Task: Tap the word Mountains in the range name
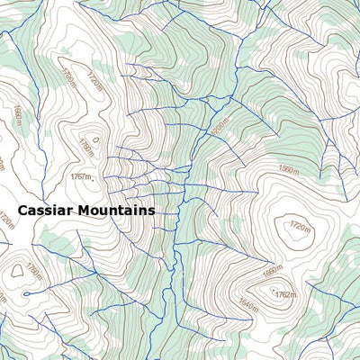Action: (x=116, y=210)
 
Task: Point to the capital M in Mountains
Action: (x=84, y=210)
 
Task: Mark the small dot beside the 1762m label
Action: (x=272, y=291)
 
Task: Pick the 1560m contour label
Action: (x=288, y=169)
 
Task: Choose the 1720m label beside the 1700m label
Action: (x=93, y=82)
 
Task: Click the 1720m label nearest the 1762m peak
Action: (x=299, y=226)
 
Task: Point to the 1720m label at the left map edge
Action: (x=7, y=219)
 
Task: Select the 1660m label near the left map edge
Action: (x=18, y=116)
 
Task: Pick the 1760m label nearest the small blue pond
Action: (x=34, y=271)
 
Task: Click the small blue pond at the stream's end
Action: (x=25, y=293)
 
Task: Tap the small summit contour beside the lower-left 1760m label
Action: (x=17, y=269)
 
